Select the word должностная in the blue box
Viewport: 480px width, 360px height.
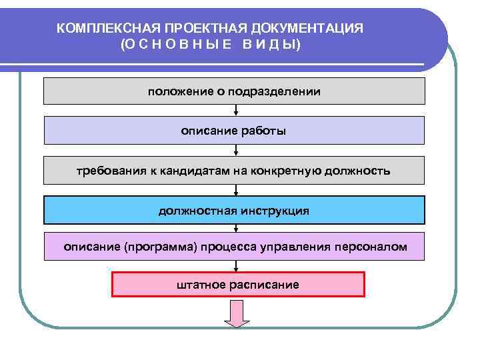pos(198,211)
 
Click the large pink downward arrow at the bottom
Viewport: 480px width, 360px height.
pos(236,313)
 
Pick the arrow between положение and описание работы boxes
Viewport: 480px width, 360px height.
pos(236,111)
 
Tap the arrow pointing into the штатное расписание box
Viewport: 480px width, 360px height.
pos(236,266)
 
